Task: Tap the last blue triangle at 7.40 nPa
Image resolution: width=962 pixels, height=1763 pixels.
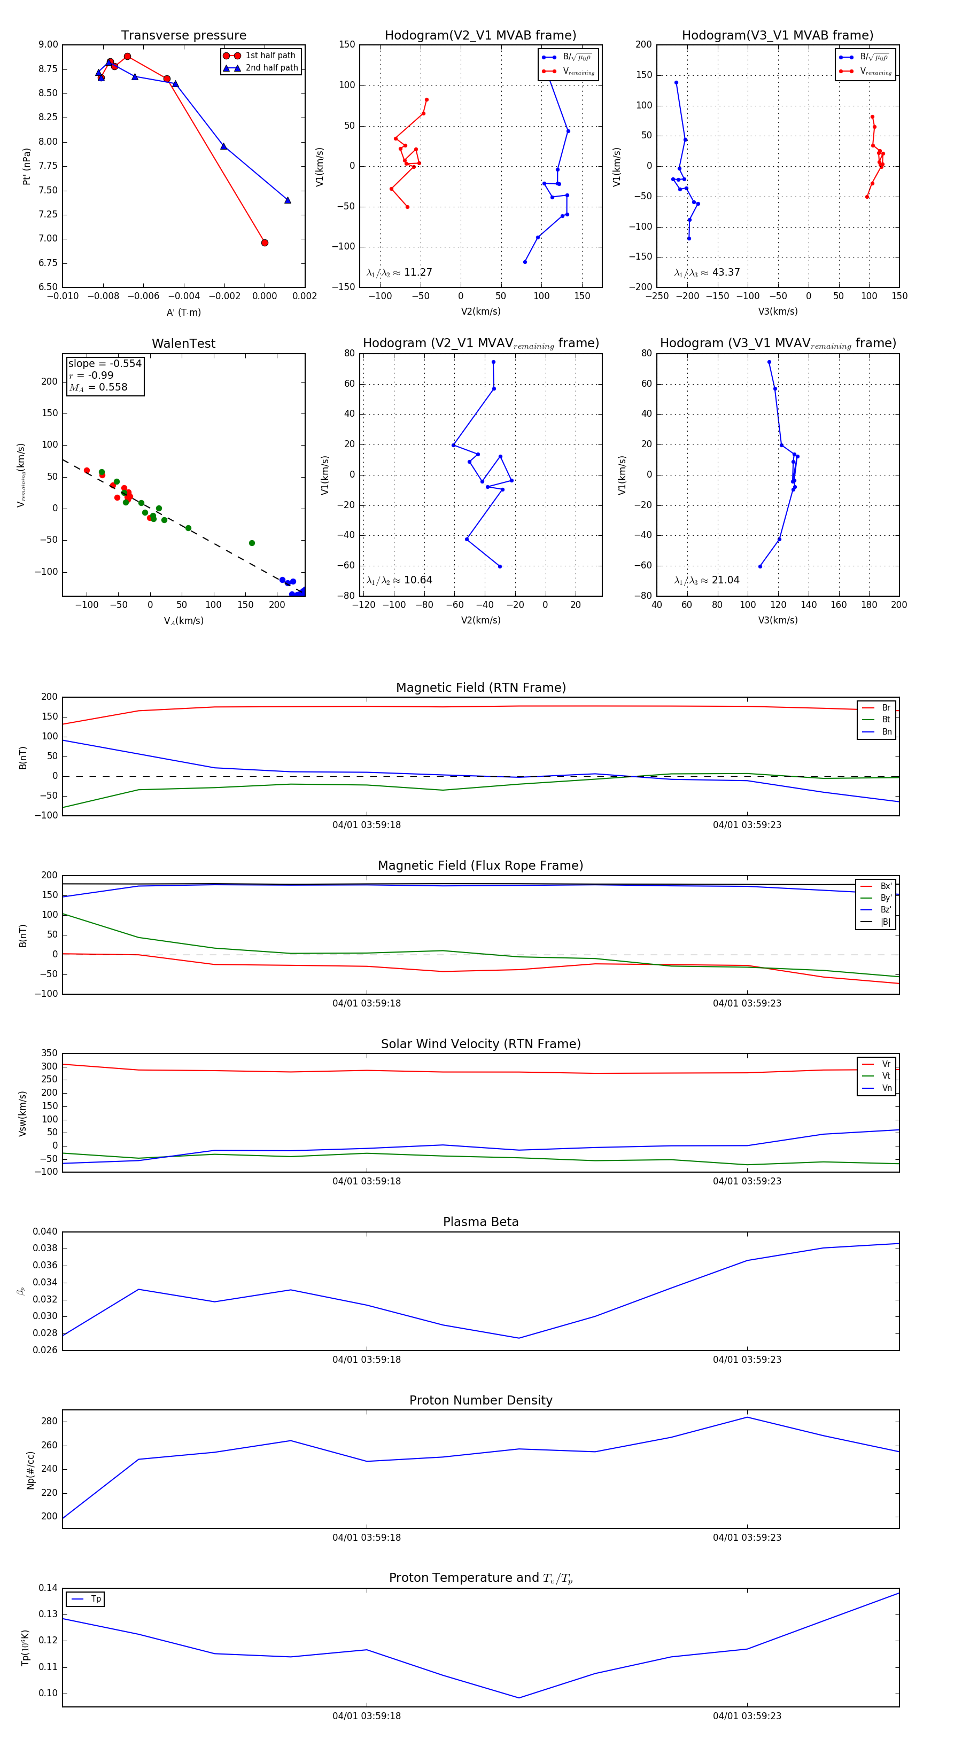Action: (x=288, y=200)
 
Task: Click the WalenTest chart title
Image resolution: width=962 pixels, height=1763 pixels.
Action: (x=183, y=344)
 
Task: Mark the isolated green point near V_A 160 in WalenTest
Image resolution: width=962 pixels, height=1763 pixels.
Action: (x=252, y=543)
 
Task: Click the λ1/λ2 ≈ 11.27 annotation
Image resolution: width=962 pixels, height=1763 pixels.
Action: (x=399, y=272)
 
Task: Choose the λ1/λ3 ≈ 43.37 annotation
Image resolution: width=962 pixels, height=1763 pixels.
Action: (x=707, y=272)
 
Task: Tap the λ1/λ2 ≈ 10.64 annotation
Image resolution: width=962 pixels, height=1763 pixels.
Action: (x=399, y=580)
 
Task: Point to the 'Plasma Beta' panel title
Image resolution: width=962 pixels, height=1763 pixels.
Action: (x=480, y=1222)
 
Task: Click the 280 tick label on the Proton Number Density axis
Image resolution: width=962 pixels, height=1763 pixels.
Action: (x=49, y=1421)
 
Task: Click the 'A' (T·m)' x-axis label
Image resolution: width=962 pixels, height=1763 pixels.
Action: (x=183, y=312)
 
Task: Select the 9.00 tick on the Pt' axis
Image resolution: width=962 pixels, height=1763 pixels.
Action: (x=48, y=44)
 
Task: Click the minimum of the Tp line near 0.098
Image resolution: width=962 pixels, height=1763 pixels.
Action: (x=518, y=1697)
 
